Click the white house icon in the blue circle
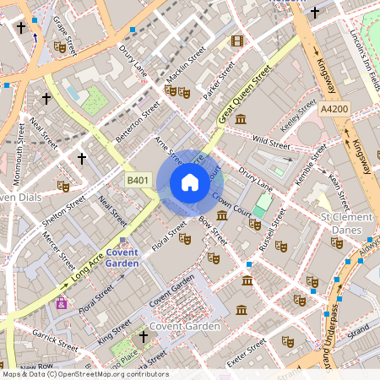(189, 182)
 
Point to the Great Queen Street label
(245, 95)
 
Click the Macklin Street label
(186, 65)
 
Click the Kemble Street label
(312, 166)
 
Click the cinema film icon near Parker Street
(236, 41)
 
